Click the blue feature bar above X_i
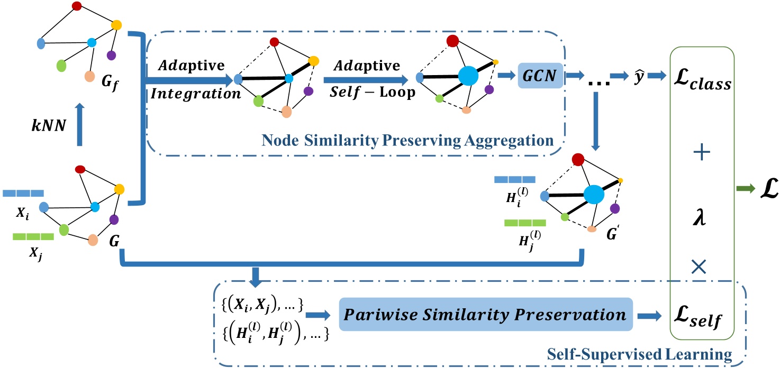[x=23, y=193]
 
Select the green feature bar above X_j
[x=33, y=236]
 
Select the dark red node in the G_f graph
[x=77, y=6]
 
